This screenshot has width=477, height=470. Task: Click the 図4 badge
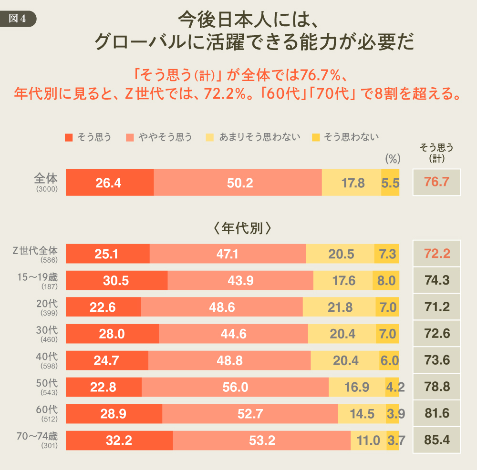pyautogui.click(x=19, y=19)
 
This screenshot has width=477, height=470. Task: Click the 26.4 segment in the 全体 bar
pyautogui.click(x=109, y=183)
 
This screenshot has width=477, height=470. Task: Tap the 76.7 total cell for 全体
pyautogui.click(x=437, y=182)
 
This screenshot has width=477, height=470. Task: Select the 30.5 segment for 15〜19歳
pyautogui.click(x=116, y=281)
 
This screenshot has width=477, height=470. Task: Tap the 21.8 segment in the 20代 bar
pyautogui.click(x=340, y=307)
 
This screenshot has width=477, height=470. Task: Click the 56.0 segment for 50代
pyautogui.click(x=235, y=388)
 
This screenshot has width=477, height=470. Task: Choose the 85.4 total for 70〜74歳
pyautogui.click(x=437, y=440)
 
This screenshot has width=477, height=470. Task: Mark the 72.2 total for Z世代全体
pyautogui.click(x=437, y=254)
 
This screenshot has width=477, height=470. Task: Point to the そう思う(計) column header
pyautogui.click(x=436, y=153)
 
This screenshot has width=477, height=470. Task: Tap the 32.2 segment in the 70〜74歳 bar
pyautogui.click(x=118, y=441)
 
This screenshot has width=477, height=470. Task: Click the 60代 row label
pyautogui.click(x=47, y=410)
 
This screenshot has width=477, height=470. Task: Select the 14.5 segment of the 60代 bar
pyautogui.click(x=362, y=414)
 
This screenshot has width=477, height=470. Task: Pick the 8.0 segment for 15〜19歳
pyautogui.click(x=386, y=281)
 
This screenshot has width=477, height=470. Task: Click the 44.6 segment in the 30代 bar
pyautogui.click(x=233, y=334)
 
